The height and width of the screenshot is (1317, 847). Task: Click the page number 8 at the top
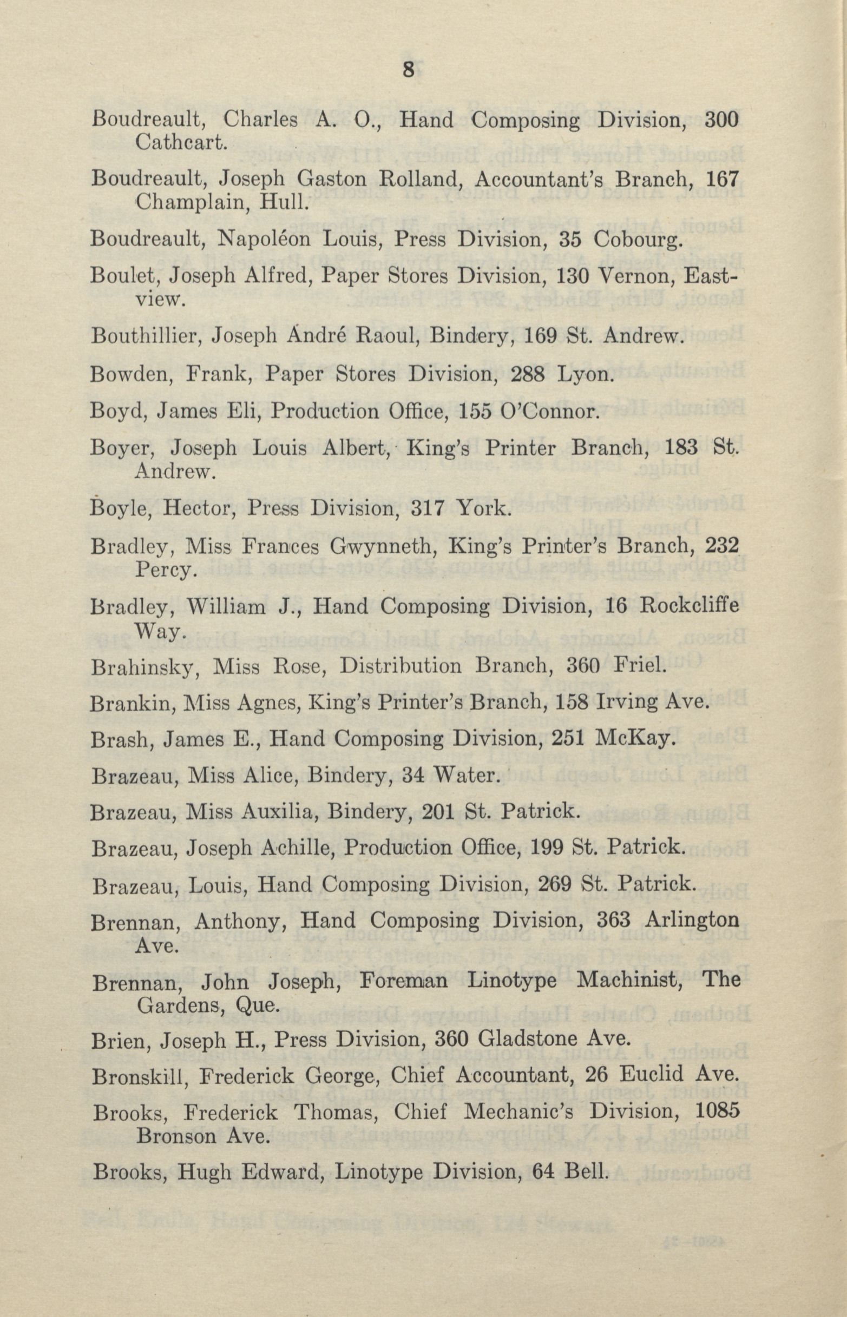[x=408, y=70]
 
